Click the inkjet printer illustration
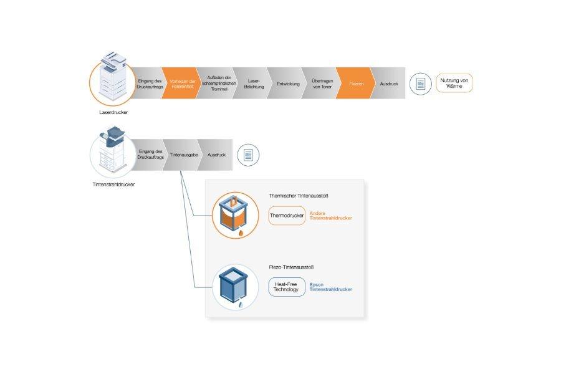tap(113, 153)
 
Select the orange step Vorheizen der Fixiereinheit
tap(181, 84)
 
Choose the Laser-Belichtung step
tap(254, 84)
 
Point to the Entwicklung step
tap(288, 84)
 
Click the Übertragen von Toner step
tap(321, 84)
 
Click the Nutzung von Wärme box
tap(454, 84)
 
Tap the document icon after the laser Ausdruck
tap(421, 84)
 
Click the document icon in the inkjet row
tap(248, 155)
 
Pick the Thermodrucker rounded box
tap(287, 216)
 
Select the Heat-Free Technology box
tap(287, 287)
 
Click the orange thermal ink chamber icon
tap(235, 216)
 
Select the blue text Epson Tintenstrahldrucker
tap(330, 287)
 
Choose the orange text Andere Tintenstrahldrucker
tap(330, 216)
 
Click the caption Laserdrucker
tap(113, 113)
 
